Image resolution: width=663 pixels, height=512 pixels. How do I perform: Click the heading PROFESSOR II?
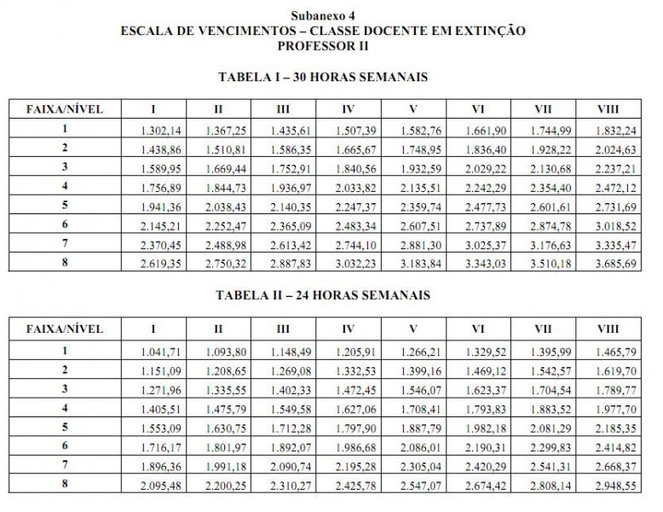tap(323, 45)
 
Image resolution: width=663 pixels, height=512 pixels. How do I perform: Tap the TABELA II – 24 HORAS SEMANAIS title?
tap(323, 295)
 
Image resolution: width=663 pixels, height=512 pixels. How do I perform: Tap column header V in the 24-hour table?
tap(412, 329)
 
